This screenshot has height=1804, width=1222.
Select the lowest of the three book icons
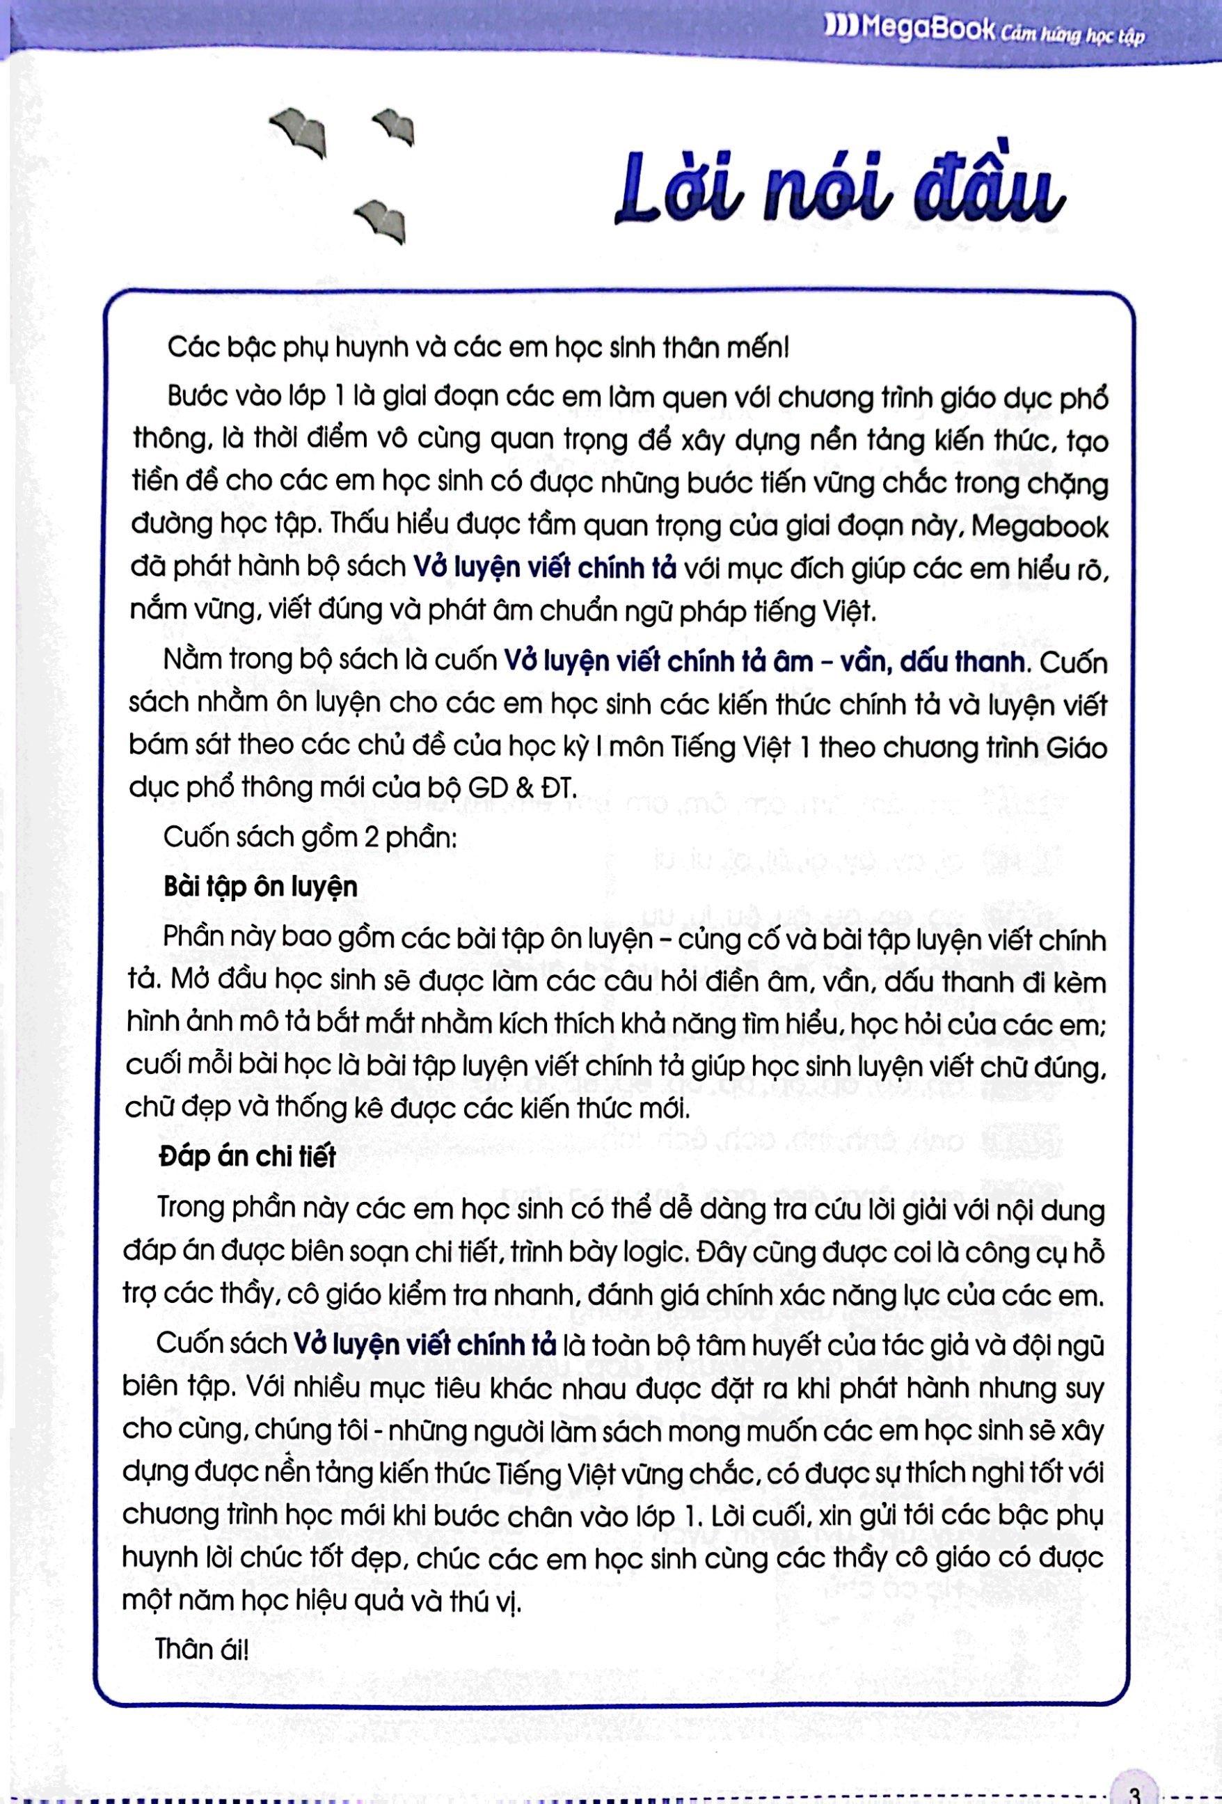coord(383,219)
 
